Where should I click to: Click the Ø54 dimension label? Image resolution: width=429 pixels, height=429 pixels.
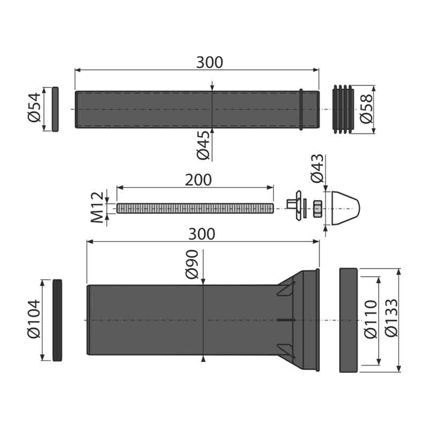pos(34,108)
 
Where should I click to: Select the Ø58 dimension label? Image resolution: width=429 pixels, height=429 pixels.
pos(366,109)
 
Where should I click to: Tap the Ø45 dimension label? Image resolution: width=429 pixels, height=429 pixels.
pos(203,145)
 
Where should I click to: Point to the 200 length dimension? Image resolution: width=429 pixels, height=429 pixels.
pos(198,180)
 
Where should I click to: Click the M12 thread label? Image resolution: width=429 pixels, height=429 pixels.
pos(98,208)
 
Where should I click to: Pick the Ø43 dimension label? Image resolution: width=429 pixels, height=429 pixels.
pos(317,168)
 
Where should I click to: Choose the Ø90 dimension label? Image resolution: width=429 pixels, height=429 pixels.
pos(192,264)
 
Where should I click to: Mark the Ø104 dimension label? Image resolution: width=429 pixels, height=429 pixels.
pos(34,319)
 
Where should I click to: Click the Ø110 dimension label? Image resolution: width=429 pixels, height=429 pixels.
pos(371,319)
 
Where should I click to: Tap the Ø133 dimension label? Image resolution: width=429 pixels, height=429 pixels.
pos(391,317)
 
